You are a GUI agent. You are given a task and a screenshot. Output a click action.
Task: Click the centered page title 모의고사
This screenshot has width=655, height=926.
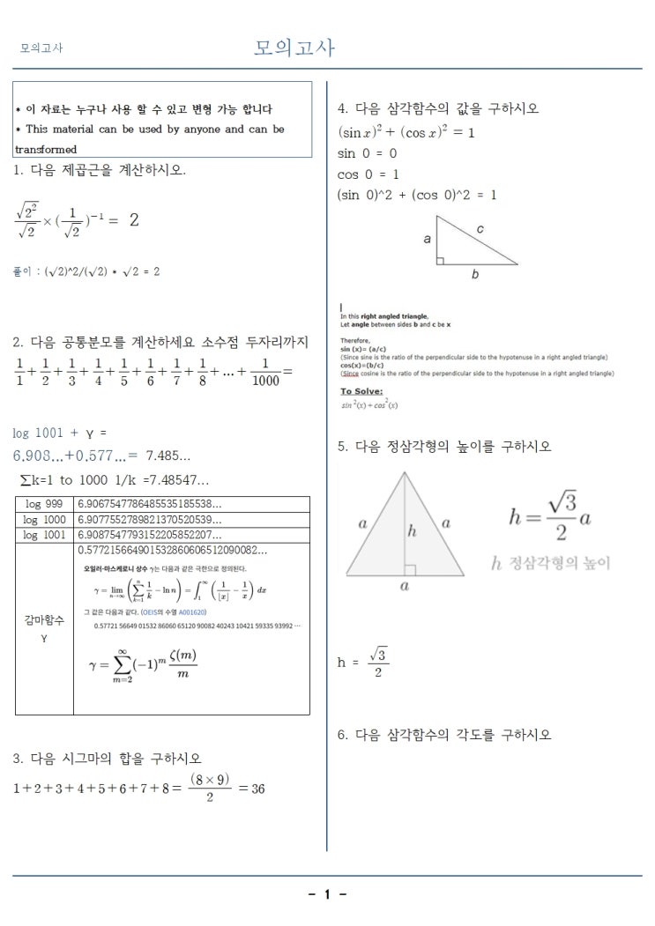pyautogui.click(x=294, y=48)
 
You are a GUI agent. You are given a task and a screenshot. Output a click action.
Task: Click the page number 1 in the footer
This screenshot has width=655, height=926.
pyautogui.click(x=327, y=895)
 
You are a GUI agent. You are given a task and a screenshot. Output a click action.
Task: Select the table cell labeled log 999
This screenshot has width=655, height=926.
pyautogui.click(x=42, y=504)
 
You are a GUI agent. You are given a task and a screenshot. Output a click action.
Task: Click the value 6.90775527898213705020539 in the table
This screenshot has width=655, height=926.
pyautogui.click(x=150, y=520)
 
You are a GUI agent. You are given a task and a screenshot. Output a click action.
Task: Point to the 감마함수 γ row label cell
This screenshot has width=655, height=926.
pyautogui.click(x=44, y=627)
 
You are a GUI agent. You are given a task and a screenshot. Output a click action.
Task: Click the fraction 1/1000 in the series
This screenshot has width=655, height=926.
pyautogui.click(x=264, y=374)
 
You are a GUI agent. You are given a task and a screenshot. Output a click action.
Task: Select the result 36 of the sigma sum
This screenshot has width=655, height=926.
pyautogui.click(x=257, y=789)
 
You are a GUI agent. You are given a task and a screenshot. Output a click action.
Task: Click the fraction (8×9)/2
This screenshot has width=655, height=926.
pyautogui.click(x=210, y=788)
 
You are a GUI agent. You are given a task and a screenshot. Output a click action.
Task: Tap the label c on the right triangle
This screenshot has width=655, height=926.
pyautogui.click(x=480, y=229)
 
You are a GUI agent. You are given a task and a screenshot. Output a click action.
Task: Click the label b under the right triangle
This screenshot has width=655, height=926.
pyautogui.click(x=474, y=275)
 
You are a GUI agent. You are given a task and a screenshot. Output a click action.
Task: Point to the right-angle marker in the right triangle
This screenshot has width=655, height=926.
pyautogui.click(x=441, y=260)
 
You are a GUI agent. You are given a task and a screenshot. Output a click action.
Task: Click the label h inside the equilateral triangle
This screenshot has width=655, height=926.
pyautogui.click(x=412, y=532)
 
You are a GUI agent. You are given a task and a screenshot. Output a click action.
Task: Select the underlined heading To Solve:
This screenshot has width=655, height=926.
pyautogui.click(x=359, y=391)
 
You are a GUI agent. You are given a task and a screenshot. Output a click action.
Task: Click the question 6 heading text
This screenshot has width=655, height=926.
pyautogui.click(x=444, y=735)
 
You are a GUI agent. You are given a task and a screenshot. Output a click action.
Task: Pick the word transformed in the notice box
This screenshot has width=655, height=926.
pyautogui.click(x=46, y=150)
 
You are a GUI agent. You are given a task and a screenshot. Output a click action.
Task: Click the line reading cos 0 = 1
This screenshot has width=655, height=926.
pyautogui.click(x=368, y=174)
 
